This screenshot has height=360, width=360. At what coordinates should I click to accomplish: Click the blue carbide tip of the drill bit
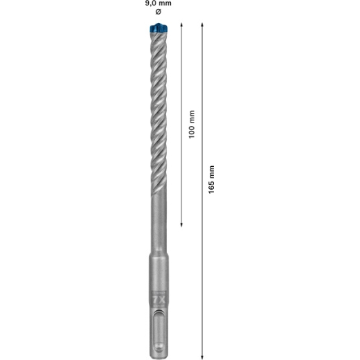click(x=159, y=28)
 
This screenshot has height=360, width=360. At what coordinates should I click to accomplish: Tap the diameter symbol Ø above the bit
click(x=158, y=12)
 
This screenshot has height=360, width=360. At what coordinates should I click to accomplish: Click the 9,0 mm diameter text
click(x=158, y=3)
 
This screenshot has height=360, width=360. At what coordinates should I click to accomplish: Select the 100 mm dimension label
click(x=192, y=125)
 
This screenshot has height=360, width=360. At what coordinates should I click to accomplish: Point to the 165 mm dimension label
click(x=211, y=179)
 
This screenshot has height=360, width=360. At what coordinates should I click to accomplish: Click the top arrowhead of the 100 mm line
click(x=181, y=24)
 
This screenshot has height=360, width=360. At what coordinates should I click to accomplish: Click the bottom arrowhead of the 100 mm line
click(x=181, y=225)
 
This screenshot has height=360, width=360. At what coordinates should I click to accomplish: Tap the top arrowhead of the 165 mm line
click(x=202, y=24)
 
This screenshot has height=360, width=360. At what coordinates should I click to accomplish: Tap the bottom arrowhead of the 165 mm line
click(x=202, y=357)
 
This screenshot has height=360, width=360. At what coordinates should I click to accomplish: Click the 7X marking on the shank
click(x=159, y=300)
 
